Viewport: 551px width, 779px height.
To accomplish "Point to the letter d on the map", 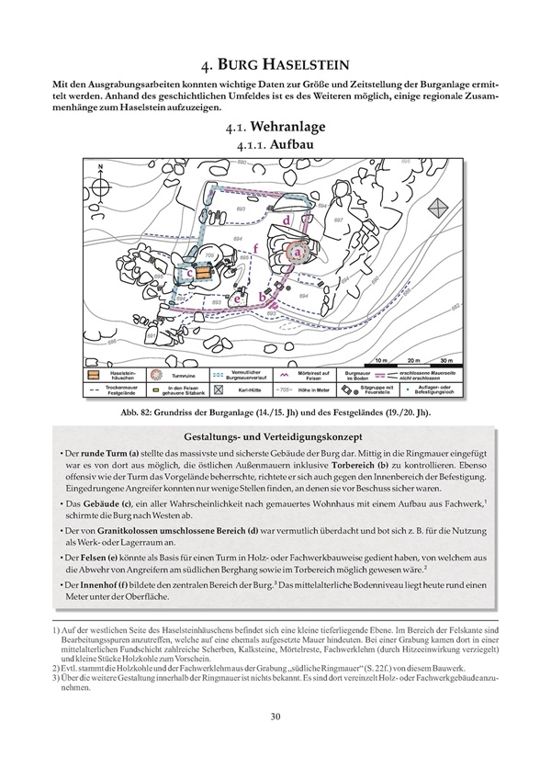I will (287, 220).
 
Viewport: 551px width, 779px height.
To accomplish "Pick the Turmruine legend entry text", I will (181, 374).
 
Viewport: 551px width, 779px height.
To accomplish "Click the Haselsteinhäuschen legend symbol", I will (93, 375).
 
